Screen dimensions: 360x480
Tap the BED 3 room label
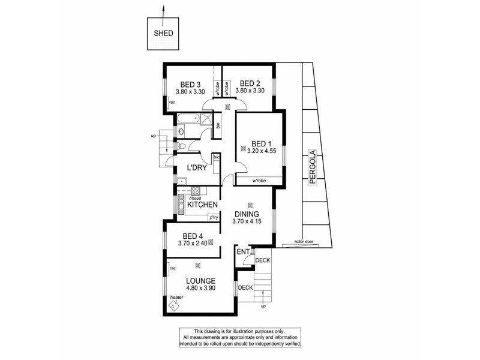coord(190,84)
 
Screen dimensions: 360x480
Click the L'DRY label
coord(197,168)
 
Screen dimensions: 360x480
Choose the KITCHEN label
coord(202,205)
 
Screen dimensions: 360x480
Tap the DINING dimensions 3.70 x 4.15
coord(247,222)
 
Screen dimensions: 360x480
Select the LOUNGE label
coord(200,280)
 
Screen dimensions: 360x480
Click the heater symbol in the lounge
coord(174,305)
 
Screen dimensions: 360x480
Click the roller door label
coord(304,242)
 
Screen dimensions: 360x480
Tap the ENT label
coord(242,253)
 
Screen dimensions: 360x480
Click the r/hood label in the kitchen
coord(194,198)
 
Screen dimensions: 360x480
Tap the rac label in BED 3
coord(172,103)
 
